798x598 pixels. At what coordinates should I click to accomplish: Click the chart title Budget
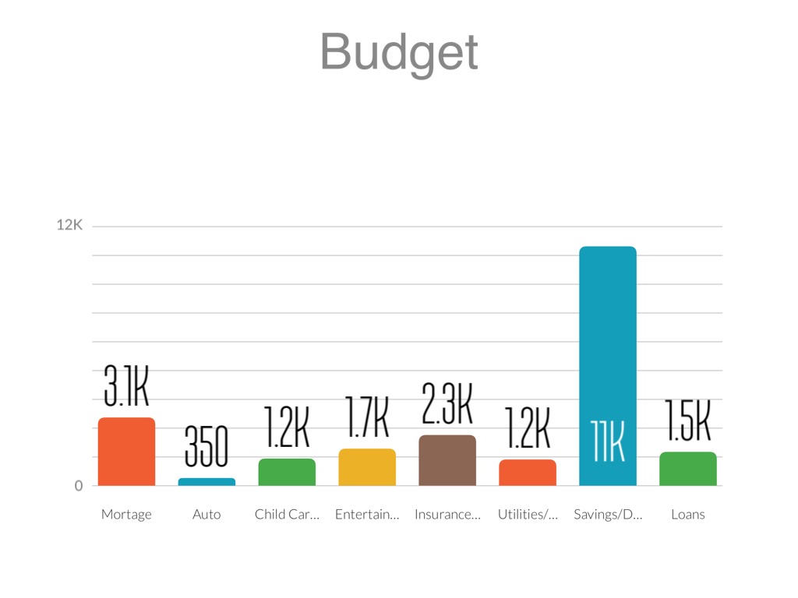(399, 52)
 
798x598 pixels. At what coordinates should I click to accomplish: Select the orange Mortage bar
(126, 452)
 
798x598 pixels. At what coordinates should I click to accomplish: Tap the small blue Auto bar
(207, 482)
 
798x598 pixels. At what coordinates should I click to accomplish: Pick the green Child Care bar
(287, 472)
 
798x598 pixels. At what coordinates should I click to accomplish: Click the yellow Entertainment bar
(367, 467)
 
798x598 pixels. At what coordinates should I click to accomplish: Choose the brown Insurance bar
(447, 460)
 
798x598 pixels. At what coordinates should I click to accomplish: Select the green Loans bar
(688, 469)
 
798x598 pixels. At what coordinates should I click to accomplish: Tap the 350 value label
(207, 448)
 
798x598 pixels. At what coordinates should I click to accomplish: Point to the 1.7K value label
(367, 417)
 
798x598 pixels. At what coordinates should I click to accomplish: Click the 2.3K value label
(447, 403)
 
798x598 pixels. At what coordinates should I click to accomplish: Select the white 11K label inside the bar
(608, 442)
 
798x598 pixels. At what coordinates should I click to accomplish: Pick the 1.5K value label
(688, 421)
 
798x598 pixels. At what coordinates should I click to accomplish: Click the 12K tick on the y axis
(69, 225)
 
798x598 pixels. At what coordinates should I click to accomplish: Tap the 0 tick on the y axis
(78, 486)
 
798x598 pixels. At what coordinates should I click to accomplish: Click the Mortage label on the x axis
(126, 515)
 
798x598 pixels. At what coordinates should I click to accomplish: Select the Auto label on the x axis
(207, 515)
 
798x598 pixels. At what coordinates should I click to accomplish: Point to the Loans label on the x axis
(688, 515)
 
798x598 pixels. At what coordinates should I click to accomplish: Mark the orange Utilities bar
(528, 473)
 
